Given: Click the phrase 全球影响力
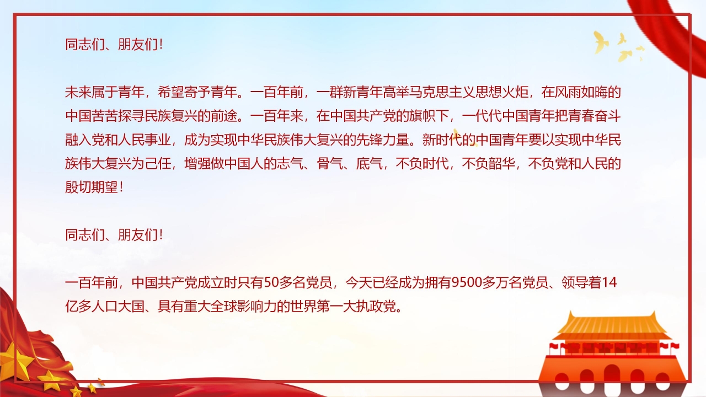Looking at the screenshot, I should pyautogui.click(x=244, y=307).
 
